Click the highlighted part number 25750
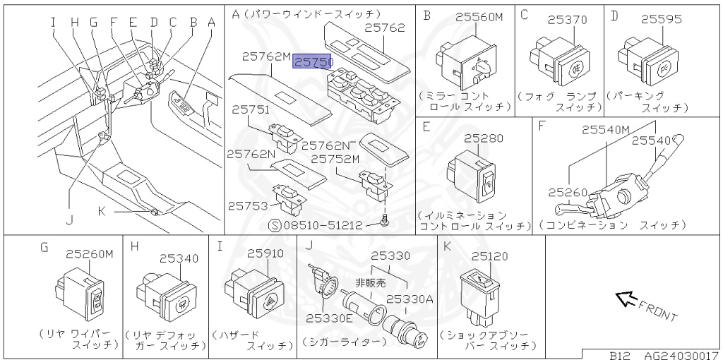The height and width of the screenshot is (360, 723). (312, 63)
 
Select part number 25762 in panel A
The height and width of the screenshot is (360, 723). (385, 28)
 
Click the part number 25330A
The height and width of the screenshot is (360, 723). (409, 299)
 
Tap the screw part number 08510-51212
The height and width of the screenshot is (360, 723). (322, 225)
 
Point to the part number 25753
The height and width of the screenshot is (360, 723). (247, 205)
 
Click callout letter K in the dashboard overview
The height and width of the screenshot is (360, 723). (102, 210)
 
